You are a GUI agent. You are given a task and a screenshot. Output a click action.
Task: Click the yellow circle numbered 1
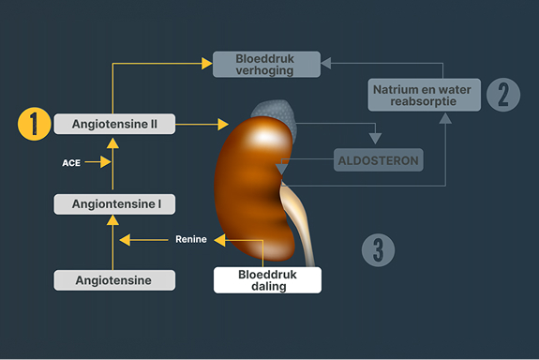pos(34,124)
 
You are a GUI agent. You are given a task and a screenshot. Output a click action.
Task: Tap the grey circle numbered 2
pos(503,95)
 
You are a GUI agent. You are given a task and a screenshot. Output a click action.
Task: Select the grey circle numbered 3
pos(378,250)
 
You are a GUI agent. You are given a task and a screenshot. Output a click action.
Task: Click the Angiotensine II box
pos(114,124)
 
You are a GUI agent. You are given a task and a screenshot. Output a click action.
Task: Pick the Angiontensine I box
pos(114,204)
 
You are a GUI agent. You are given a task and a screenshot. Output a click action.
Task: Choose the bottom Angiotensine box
pos(114,280)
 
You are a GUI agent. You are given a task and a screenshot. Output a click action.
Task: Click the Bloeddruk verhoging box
pos(266,65)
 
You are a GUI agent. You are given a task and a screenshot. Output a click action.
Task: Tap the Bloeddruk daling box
pos(267,280)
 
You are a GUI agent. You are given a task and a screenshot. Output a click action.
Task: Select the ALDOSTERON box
pos(379,160)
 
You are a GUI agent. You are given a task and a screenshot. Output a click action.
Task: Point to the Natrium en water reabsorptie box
pos(425,95)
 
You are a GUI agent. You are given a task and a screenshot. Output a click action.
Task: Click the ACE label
pos(71,162)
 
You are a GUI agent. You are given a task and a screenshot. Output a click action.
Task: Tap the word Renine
pos(191,239)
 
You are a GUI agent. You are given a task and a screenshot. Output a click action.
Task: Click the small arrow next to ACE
pos(98,161)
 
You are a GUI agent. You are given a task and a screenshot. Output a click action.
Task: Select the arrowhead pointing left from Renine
pos(125,240)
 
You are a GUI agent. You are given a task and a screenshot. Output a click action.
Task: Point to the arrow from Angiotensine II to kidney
pos(202,124)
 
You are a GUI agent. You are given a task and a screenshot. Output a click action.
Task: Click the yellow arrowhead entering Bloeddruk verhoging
pos(206,64)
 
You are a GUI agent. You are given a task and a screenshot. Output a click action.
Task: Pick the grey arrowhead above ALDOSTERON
pos(375,139)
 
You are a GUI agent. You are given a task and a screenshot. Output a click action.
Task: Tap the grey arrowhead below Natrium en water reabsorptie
pos(445,119)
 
